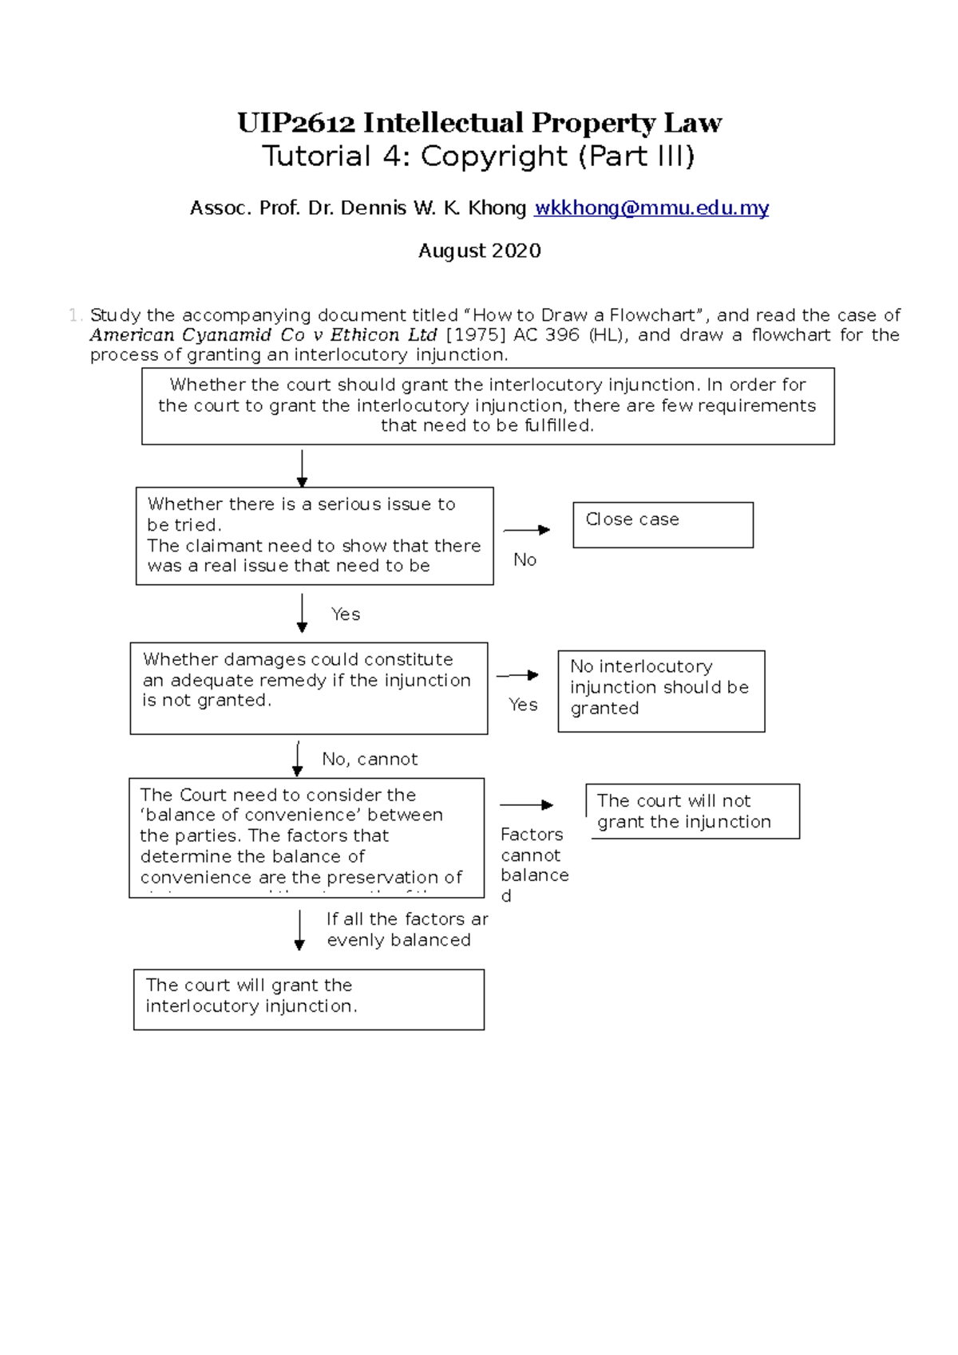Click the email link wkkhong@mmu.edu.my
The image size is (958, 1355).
[x=651, y=208]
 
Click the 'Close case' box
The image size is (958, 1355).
[x=663, y=524]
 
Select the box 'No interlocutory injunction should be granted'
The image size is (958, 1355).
[x=661, y=690]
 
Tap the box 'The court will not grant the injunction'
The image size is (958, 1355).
[x=692, y=811]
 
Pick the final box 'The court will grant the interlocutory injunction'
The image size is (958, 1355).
[x=308, y=999]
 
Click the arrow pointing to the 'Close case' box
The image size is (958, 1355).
[x=527, y=530]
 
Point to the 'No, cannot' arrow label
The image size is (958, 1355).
[x=370, y=759]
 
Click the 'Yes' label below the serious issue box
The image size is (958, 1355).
[x=346, y=614]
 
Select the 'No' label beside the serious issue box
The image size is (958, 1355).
[x=525, y=559]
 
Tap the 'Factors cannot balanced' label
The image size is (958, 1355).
[x=533, y=864]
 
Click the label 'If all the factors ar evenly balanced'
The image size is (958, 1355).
[x=406, y=930]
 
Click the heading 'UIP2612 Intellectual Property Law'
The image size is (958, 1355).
[x=479, y=122]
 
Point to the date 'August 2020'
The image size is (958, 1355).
[x=479, y=251]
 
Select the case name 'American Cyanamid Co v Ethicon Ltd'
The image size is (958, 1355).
[x=263, y=335]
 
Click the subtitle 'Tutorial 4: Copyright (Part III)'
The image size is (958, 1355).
[x=479, y=156]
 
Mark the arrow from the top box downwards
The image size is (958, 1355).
[x=302, y=468]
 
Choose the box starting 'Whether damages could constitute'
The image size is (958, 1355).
[x=308, y=688]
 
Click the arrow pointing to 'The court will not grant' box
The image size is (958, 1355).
[x=527, y=804]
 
